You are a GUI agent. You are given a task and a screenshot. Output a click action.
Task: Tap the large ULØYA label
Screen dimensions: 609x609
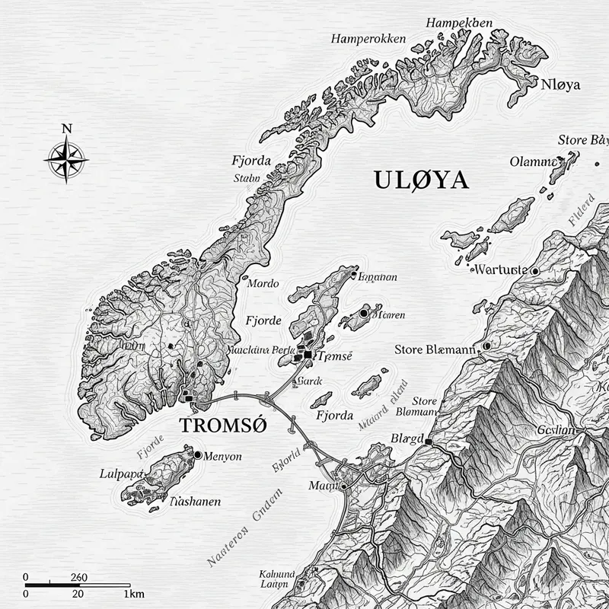pos(421,180)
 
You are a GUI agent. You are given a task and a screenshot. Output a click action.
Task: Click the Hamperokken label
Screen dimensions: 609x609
pos(368,39)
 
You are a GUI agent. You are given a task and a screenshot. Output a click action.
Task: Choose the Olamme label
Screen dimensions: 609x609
pos(532,161)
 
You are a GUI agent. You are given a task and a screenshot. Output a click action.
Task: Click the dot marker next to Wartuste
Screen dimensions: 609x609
pos(535,271)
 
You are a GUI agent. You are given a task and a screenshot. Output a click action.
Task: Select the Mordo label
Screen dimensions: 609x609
pos(264,283)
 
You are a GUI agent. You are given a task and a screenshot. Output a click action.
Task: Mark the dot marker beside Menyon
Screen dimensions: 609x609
pos(198,454)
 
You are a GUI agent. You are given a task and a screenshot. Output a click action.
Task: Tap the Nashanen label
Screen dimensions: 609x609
pos(195,502)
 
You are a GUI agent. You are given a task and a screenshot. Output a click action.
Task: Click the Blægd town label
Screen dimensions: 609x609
pos(405,438)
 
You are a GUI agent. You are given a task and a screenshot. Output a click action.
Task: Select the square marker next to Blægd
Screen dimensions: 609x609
pos(429,442)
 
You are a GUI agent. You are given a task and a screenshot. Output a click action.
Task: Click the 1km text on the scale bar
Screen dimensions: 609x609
pos(134,593)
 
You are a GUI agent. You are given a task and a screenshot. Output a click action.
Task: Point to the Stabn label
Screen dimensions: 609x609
pos(246,178)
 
